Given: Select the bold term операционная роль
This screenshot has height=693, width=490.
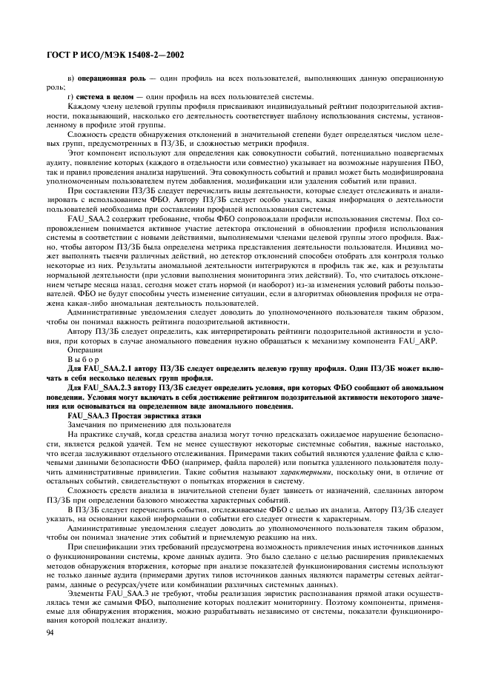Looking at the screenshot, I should coord(109,78).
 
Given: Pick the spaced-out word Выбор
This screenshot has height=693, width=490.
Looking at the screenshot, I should coord(82,359).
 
